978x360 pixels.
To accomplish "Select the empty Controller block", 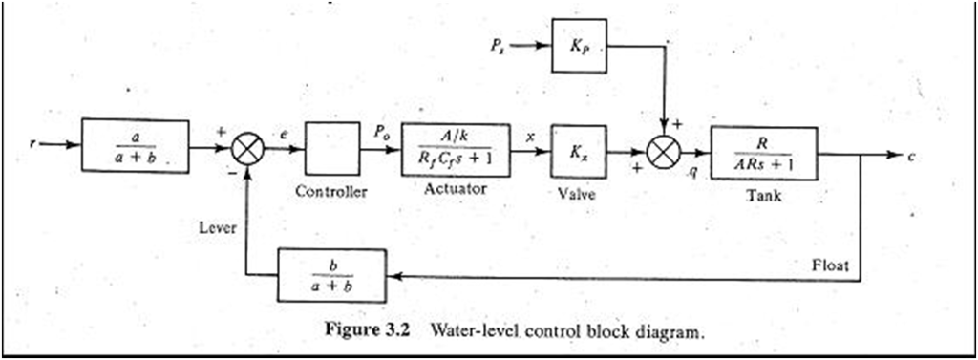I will pos(332,150).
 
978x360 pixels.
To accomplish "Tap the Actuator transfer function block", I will pos(454,149).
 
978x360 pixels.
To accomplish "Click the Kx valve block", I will pos(576,150).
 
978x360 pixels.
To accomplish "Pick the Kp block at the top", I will pos(579,45).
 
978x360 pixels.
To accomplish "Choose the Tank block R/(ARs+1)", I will pos(763,152).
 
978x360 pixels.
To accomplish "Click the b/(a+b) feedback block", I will pos(331,275).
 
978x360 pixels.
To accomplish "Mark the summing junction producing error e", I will pos(249,150).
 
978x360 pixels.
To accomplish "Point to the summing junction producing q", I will pos(664,151).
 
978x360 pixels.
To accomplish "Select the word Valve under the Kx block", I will pos(576,194).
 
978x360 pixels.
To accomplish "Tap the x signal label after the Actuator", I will pos(529,136).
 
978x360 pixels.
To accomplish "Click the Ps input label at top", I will pos(495,44).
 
